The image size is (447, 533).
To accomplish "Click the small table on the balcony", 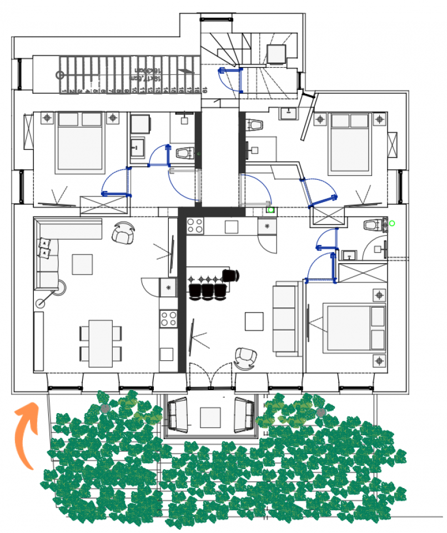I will click(210, 416).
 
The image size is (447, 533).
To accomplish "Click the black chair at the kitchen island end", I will click(231, 275).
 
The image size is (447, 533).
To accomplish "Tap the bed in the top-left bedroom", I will click(81, 142).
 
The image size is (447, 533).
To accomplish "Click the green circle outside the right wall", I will click(392, 224).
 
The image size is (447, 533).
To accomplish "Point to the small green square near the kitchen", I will click(271, 210).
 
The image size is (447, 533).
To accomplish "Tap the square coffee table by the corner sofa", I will click(82, 264).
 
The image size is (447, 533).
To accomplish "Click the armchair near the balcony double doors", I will click(246, 358).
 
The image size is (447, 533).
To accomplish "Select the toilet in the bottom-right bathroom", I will click(374, 225).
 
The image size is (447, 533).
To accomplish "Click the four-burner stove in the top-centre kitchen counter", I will click(195, 225).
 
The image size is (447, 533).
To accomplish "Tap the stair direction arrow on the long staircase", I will click(187, 71).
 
